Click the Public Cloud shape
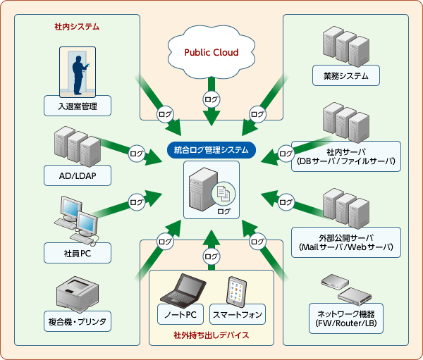pyautogui.click(x=211, y=53)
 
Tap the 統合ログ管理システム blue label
pyautogui.click(x=211, y=150)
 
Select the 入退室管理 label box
pyautogui.click(x=78, y=107)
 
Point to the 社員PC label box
pyautogui.click(x=78, y=252)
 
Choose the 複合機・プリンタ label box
pyautogui.click(x=78, y=321)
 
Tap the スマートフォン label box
pyautogui.click(x=239, y=313)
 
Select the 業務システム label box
pyautogui.click(x=346, y=75)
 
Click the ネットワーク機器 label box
pyautogui.click(x=345, y=317)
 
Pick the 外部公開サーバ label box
pyautogui.click(x=345, y=242)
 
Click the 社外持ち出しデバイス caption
pyautogui.click(x=211, y=335)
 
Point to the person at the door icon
pyautogui.click(x=78, y=72)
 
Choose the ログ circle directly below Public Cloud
pyautogui.click(x=211, y=99)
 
